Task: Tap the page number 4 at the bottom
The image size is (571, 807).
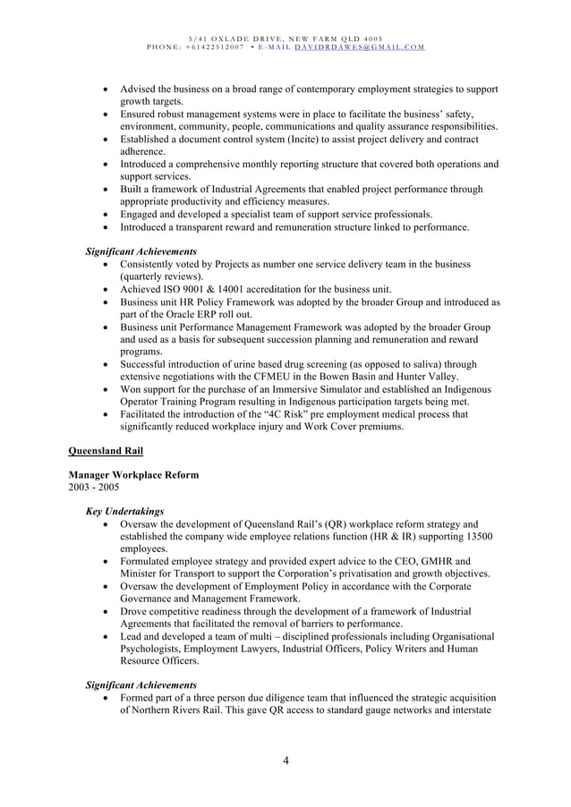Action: click(x=285, y=761)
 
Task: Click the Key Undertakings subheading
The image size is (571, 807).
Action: click(x=124, y=512)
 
